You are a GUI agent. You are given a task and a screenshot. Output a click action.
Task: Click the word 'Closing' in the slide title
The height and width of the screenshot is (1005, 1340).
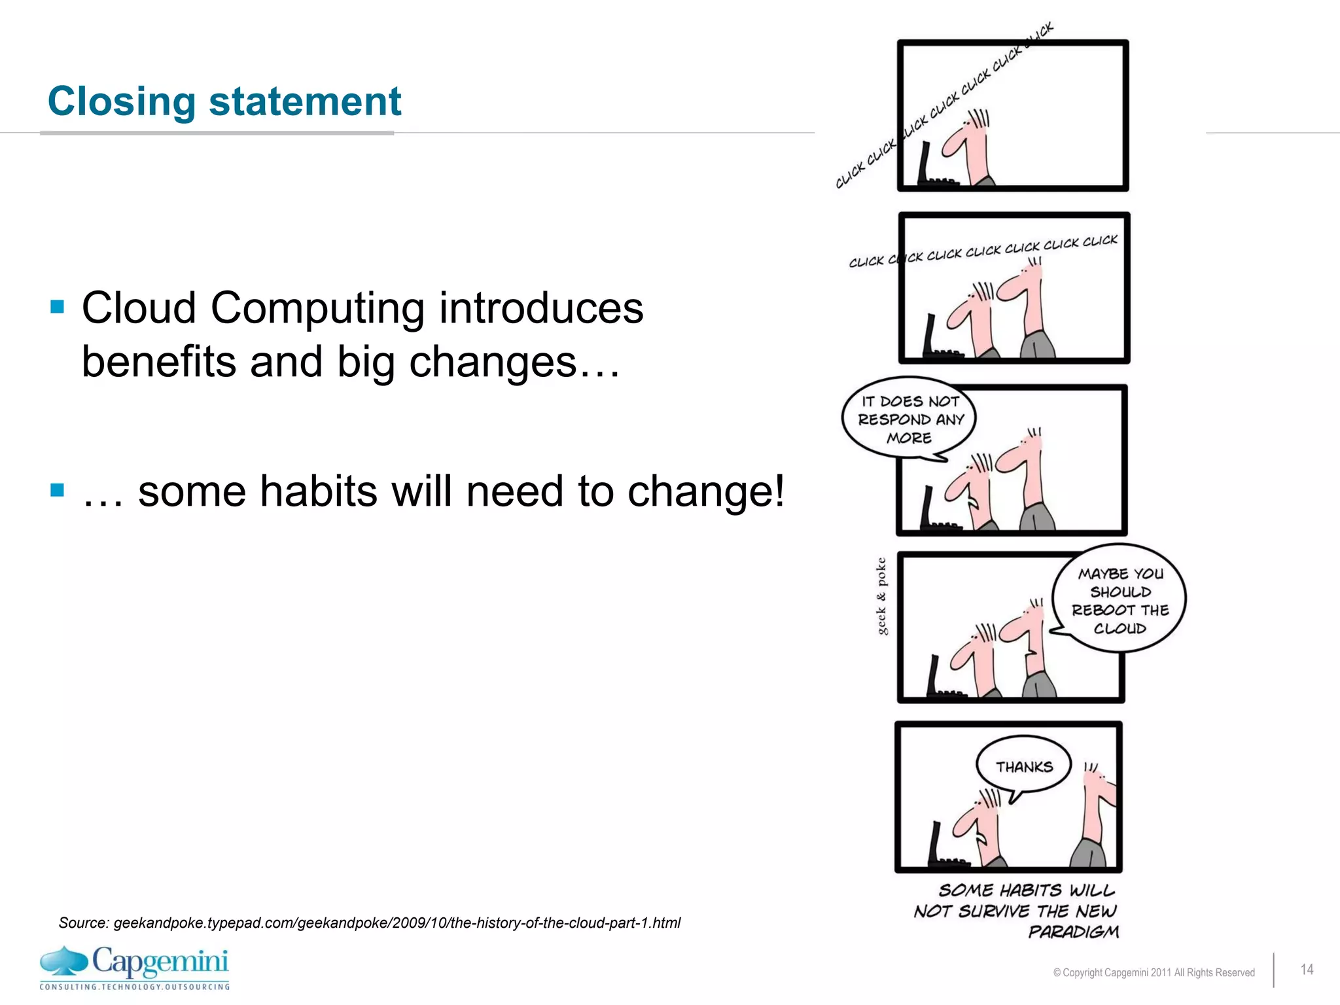121,102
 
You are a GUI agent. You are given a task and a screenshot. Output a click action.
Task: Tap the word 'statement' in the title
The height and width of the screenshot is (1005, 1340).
304,102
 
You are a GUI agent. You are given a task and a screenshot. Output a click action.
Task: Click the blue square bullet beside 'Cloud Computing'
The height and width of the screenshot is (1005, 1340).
58,306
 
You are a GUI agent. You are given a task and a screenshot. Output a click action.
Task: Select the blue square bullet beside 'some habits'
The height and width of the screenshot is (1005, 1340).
58,489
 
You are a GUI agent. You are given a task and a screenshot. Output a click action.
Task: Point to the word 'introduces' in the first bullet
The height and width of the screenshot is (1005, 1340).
540,308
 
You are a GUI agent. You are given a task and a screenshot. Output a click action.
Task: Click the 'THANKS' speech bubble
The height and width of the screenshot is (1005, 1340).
1024,767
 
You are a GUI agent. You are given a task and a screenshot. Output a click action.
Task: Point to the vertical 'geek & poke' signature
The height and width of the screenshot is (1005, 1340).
881,596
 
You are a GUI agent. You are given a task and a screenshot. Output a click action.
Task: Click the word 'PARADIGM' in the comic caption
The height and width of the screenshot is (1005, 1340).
1073,931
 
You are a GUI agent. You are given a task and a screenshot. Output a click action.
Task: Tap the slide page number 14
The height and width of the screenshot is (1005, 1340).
1307,969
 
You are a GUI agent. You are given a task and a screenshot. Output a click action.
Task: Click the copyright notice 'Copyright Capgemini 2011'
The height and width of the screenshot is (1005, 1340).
1154,972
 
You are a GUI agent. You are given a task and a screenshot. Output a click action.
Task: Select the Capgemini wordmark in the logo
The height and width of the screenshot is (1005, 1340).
160,962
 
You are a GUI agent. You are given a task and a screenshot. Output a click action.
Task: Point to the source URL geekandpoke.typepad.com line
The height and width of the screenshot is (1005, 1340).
370,923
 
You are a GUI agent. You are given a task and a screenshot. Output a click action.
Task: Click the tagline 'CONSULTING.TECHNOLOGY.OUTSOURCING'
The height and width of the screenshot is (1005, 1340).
135,987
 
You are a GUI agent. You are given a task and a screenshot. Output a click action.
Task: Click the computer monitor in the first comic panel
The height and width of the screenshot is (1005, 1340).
925,164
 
